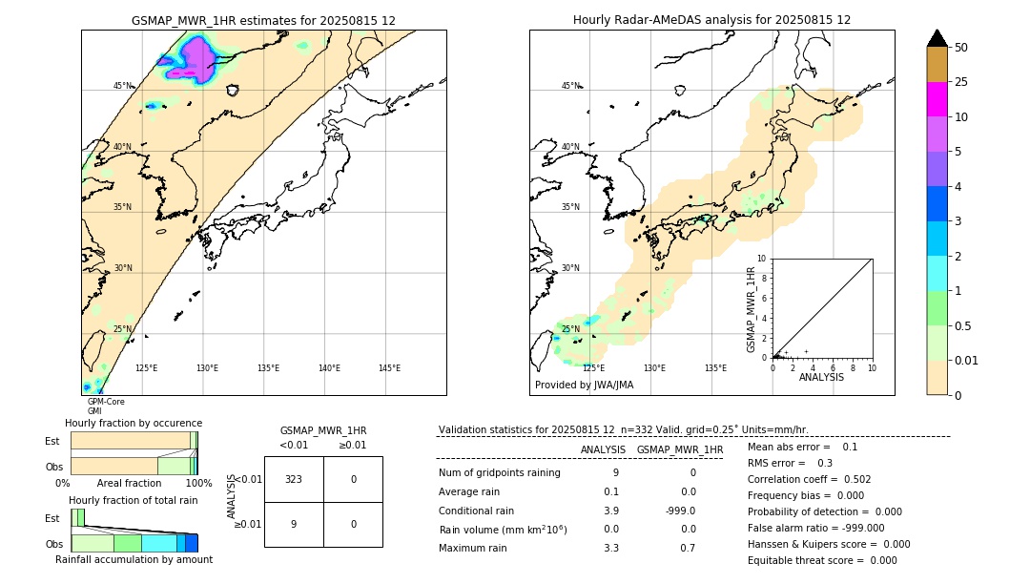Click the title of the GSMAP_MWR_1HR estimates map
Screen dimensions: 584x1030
click(263, 20)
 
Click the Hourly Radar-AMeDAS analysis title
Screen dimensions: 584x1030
click(711, 20)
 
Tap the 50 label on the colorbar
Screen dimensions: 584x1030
click(962, 48)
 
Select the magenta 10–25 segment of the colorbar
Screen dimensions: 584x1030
click(937, 99)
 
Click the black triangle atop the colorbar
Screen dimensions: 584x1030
click(937, 38)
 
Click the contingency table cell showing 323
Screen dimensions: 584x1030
click(294, 479)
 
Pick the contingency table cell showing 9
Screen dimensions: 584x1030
click(294, 524)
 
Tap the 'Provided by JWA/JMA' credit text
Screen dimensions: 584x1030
click(584, 385)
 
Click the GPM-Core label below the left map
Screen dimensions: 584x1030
click(106, 402)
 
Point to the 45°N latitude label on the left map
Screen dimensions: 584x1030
click(123, 86)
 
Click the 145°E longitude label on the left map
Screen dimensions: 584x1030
click(389, 368)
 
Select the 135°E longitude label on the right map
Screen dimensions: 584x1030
click(715, 368)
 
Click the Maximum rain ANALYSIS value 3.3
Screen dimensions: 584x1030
click(610, 548)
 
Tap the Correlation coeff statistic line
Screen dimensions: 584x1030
click(809, 479)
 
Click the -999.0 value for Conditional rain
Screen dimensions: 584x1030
click(680, 511)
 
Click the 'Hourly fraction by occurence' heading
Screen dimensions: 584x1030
click(134, 423)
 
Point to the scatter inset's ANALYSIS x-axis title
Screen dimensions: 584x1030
click(821, 377)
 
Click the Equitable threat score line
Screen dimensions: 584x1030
click(822, 560)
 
